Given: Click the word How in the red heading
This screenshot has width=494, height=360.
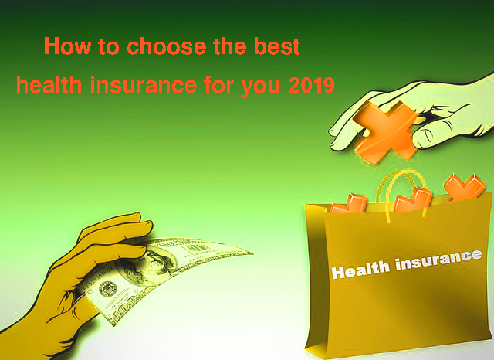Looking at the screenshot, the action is click(x=68, y=46).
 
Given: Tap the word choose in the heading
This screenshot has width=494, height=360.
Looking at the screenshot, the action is click(x=167, y=46).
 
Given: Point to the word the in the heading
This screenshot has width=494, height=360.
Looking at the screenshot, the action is click(x=230, y=46).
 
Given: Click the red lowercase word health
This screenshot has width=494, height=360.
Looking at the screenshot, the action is click(x=49, y=84).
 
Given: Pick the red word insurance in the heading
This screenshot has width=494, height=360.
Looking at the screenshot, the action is click(x=144, y=84).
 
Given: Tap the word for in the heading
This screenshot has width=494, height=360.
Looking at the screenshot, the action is click(x=218, y=84).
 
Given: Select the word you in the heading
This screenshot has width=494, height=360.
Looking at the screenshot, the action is click(x=260, y=87).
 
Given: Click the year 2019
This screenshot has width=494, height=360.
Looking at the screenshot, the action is click(x=311, y=84).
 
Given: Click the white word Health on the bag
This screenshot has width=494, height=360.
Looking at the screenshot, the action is click(x=360, y=270).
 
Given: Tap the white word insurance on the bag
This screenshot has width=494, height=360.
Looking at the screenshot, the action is click(x=438, y=260).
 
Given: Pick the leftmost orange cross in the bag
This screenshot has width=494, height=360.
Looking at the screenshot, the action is click(x=349, y=204).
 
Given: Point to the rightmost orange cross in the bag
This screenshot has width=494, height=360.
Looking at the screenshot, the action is click(x=464, y=187).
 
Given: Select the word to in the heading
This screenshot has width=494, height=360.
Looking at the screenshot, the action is click(x=109, y=46).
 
